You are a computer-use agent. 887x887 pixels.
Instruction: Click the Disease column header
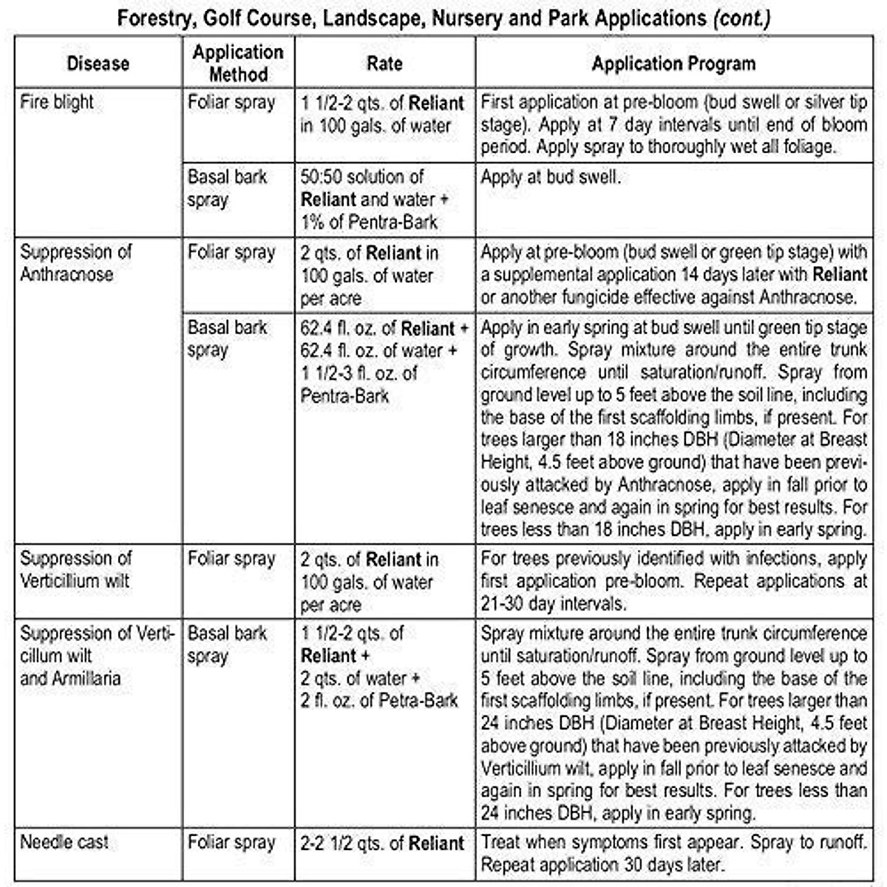[98, 64]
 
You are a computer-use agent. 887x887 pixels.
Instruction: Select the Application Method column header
[237, 63]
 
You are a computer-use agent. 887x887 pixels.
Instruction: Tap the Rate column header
[384, 64]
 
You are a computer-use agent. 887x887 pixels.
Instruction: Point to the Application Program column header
[673, 64]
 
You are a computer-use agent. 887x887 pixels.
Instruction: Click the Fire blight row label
[57, 102]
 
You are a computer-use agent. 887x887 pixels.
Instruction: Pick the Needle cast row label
[64, 842]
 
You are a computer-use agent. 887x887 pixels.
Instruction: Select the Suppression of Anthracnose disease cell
[75, 263]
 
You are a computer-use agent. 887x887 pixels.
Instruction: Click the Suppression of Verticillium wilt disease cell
[75, 569]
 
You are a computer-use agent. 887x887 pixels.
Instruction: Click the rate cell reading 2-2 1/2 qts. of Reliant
[382, 843]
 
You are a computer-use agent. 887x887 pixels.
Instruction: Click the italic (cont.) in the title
[741, 18]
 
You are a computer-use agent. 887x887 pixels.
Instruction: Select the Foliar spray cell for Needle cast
[231, 843]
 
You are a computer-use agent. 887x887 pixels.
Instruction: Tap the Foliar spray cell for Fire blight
[231, 103]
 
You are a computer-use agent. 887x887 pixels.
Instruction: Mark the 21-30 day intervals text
[553, 604]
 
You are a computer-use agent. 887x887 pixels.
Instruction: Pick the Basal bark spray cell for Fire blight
[227, 188]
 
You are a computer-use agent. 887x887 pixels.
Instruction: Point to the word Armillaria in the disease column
[82, 678]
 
